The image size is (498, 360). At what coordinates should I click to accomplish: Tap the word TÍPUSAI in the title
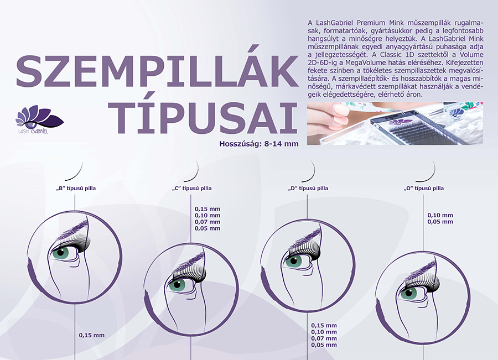point(203,117)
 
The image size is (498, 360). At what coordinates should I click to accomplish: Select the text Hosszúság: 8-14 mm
point(259,144)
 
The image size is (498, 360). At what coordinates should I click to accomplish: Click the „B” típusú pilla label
point(76,188)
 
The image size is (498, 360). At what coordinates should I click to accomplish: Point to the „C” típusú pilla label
point(191,188)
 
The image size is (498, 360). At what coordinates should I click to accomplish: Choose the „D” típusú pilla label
point(308,188)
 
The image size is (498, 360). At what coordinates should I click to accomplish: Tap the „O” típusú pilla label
point(424,188)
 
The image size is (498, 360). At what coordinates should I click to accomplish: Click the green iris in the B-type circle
point(60,253)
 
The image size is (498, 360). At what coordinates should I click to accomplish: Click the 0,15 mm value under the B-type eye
point(91,335)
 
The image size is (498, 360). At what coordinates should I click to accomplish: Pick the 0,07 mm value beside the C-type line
point(207,222)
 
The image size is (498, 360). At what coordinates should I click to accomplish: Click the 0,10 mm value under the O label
point(440,215)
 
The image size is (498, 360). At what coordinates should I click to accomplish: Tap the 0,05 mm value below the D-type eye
point(324,345)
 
